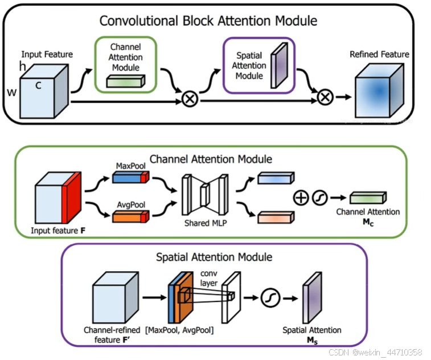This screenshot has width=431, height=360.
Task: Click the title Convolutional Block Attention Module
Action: (208, 21)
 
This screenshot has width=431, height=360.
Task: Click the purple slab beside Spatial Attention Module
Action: (279, 67)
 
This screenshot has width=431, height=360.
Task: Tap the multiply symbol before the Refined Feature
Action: (325, 97)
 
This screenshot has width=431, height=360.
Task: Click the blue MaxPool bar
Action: (130, 178)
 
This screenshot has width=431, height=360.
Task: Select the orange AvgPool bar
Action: (130, 217)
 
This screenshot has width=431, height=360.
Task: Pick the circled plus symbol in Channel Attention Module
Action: (300, 198)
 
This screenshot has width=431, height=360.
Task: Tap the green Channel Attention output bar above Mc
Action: (368, 198)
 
